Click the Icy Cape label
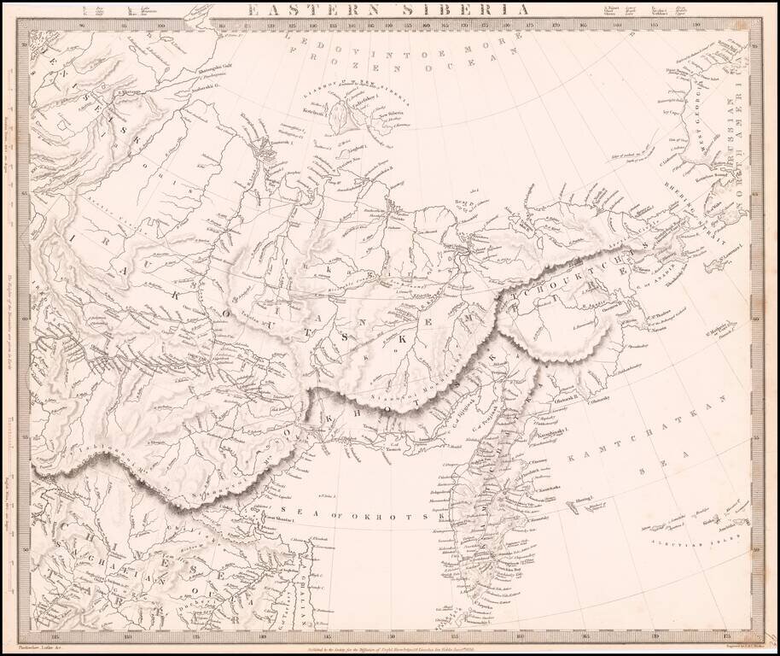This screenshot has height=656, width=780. click(674, 112)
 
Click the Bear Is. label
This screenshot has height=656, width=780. click(463, 202)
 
